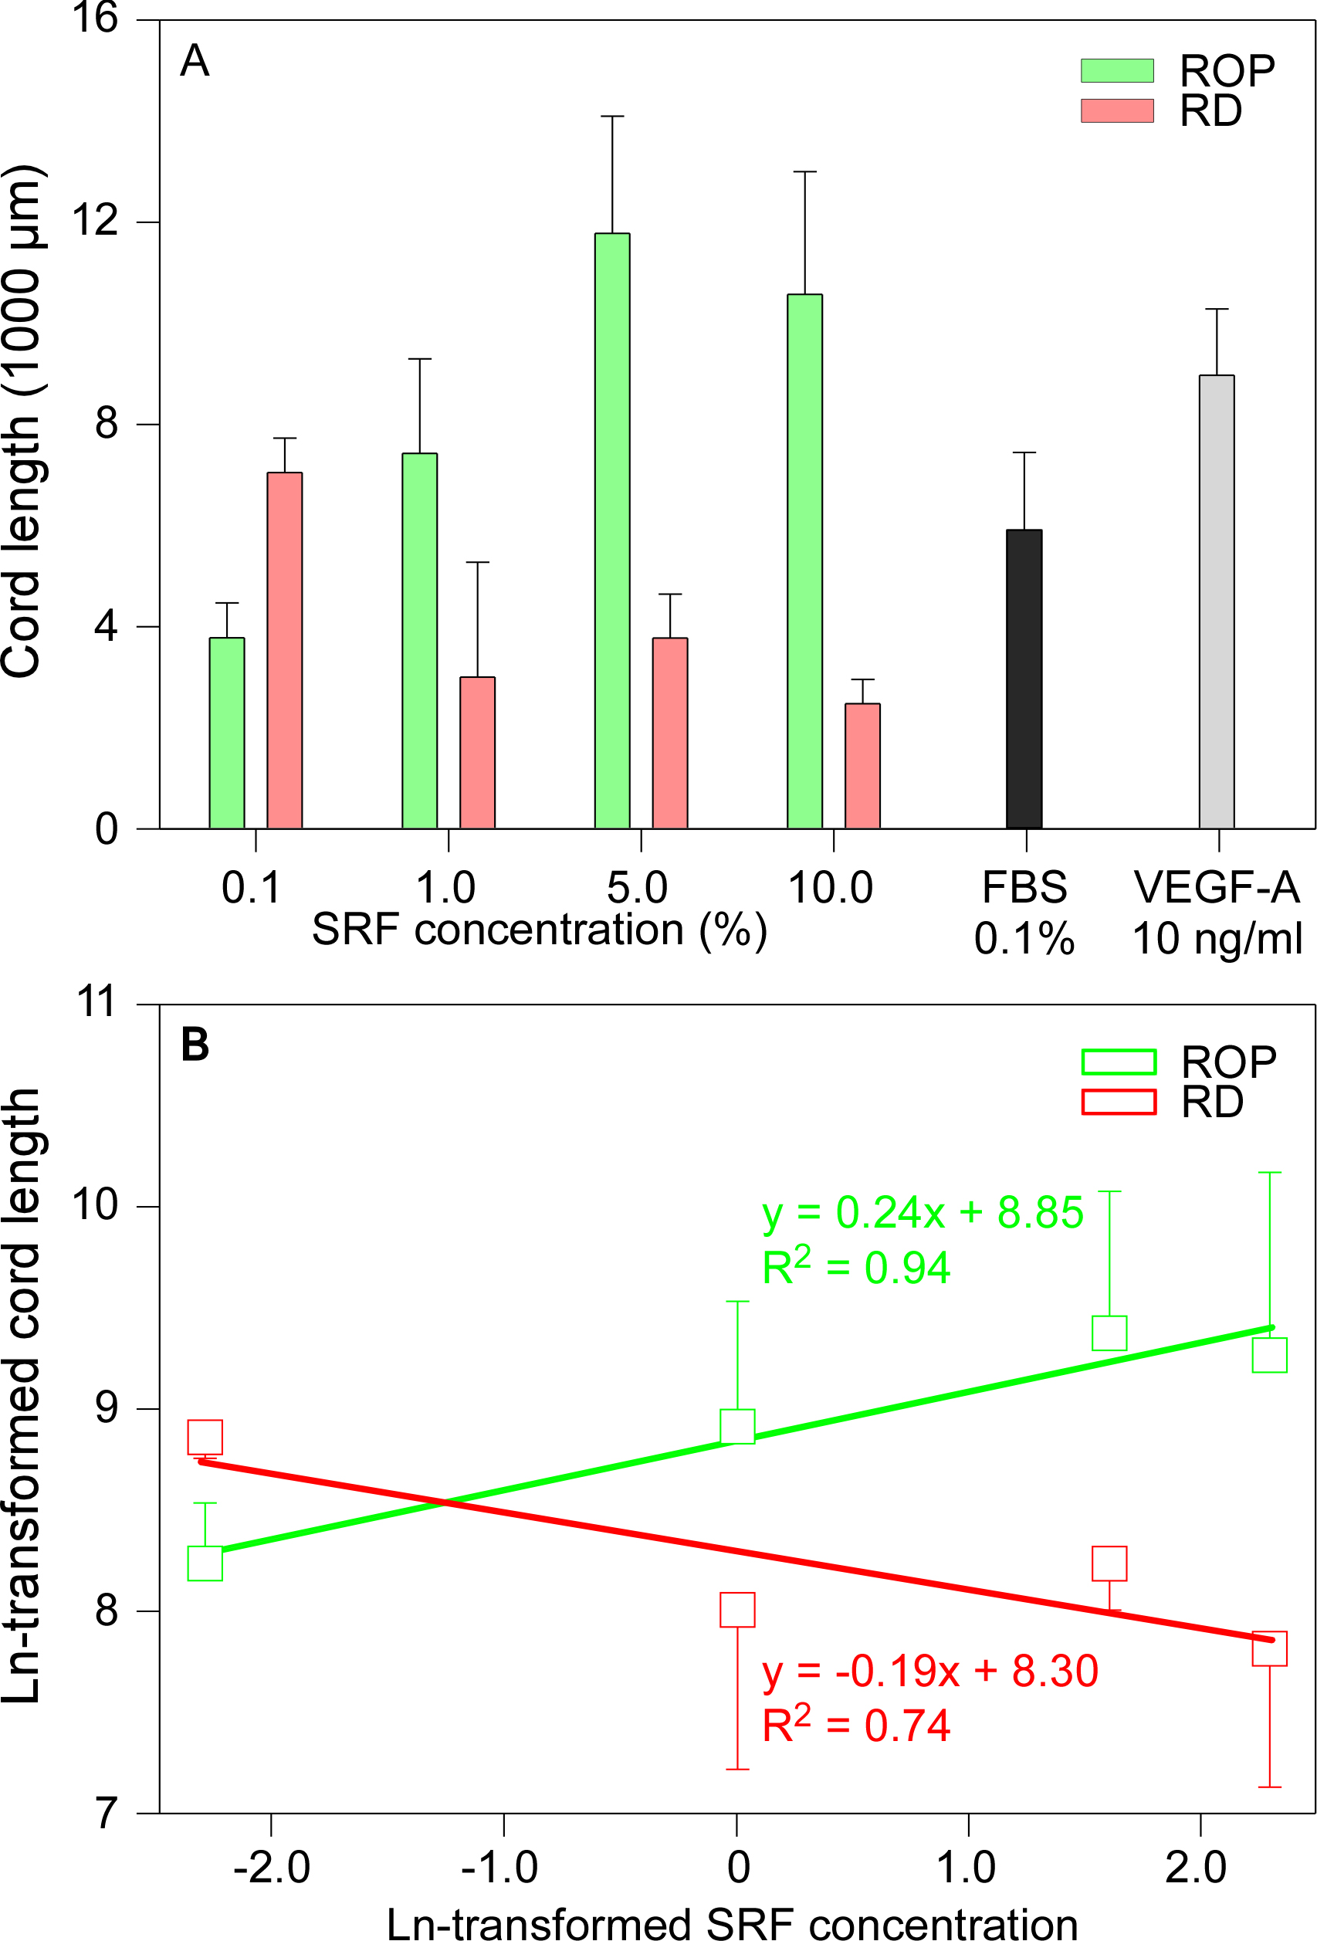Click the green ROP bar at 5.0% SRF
point(612,531)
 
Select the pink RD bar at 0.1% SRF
point(285,651)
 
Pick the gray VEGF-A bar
point(1216,602)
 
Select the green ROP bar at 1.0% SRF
point(419,641)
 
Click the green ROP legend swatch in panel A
point(1116,71)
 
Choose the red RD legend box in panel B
point(1119,1102)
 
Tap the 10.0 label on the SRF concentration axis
point(830,887)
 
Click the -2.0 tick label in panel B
point(272,1868)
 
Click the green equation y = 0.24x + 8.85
point(922,1213)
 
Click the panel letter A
point(195,61)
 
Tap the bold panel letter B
point(195,1044)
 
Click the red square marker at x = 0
point(736,1610)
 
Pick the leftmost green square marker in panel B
point(205,1563)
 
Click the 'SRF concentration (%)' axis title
point(540,930)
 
